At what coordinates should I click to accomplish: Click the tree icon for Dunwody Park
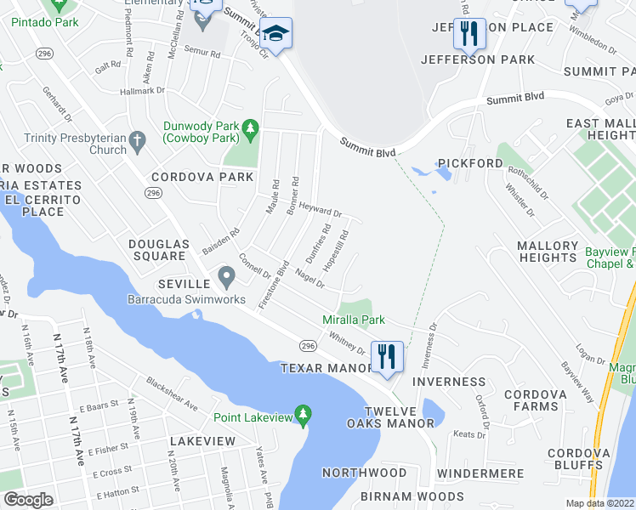(x=250, y=128)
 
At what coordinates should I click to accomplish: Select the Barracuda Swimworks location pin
(x=226, y=277)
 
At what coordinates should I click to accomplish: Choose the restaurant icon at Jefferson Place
(x=469, y=34)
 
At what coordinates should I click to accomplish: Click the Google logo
(x=28, y=500)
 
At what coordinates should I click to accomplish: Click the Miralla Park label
(x=354, y=320)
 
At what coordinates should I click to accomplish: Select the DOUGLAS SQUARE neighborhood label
(x=156, y=250)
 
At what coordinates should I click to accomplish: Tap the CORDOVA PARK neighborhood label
(x=202, y=177)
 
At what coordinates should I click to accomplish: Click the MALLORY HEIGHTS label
(x=548, y=252)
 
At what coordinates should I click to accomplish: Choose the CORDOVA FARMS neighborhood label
(x=541, y=401)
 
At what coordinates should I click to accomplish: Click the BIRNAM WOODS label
(x=413, y=496)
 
